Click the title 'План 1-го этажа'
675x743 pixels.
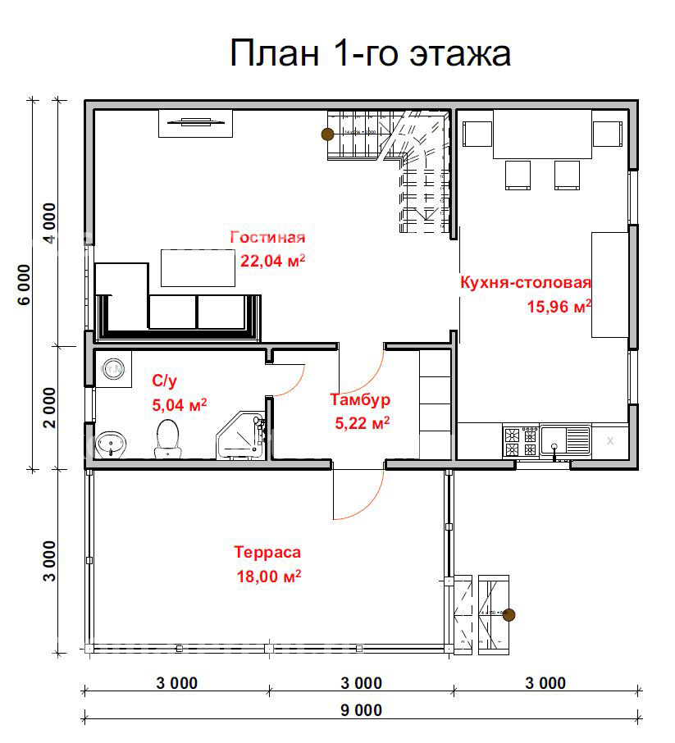point(370,53)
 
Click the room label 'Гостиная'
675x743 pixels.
point(267,238)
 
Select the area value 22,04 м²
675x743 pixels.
point(272,261)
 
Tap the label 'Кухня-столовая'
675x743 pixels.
point(526,283)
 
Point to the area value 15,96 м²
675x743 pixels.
point(558,308)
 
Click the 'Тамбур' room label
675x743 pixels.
point(360,400)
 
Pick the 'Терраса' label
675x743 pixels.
point(267,552)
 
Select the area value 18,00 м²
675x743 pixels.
point(268,576)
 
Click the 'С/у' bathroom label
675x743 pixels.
point(165,381)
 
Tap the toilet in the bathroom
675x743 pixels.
point(167,438)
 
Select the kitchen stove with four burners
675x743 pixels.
point(520,442)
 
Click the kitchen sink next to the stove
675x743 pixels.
point(565,441)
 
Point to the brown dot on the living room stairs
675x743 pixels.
point(326,134)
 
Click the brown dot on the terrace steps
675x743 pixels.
point(509,614)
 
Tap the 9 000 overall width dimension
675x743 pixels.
point(361,710)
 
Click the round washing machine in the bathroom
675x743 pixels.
point(112,370)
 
